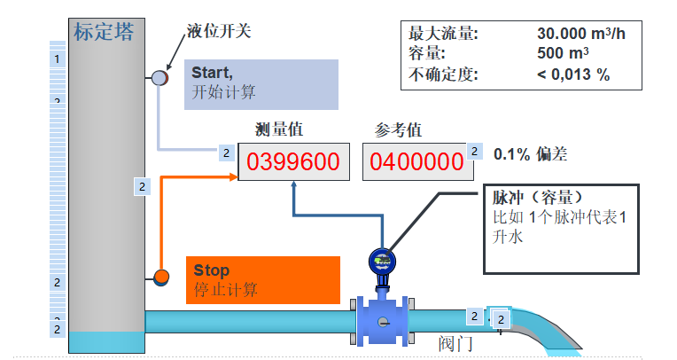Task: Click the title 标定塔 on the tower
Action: point(105,33)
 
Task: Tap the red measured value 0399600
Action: point(292,161)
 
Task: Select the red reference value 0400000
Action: point(416,161)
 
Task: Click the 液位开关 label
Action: point(219,32)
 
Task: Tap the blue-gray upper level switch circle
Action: point(160,78)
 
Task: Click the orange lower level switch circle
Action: point(161,277)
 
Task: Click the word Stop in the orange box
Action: point(211,270)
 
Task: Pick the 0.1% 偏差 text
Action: point(530,153)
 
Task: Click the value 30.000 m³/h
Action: point(580,34)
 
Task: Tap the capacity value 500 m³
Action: point(563,54)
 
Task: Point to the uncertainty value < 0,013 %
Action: point(572,74)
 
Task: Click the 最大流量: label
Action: point(443,34)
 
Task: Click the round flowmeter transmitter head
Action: point(383,262)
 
